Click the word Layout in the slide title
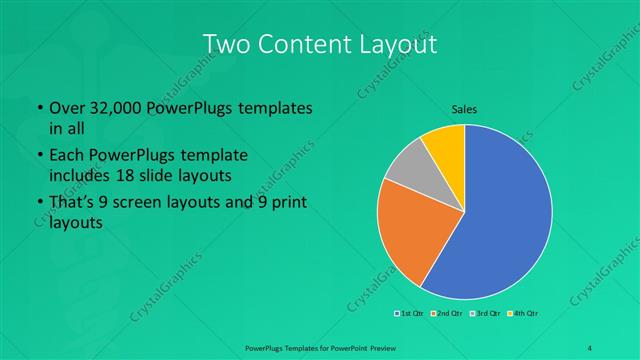point(398,45)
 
